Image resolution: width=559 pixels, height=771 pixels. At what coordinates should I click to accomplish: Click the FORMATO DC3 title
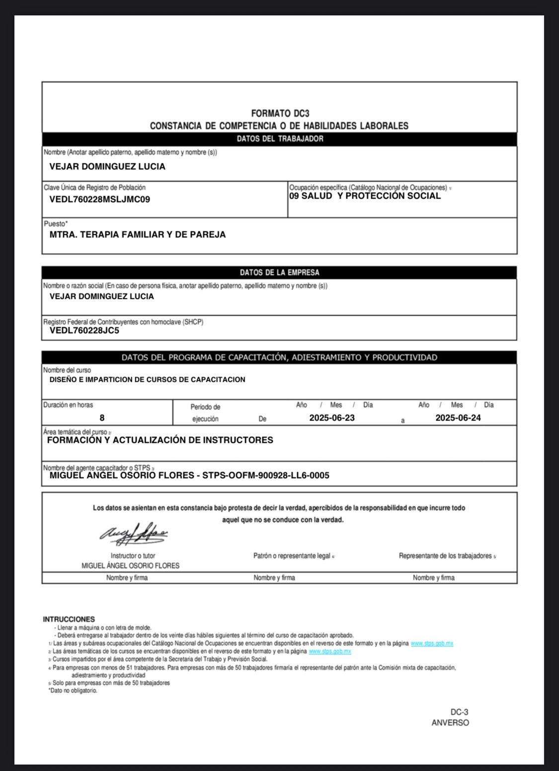click(280, 114)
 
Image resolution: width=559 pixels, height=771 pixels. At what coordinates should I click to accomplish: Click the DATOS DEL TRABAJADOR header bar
click(280, 139)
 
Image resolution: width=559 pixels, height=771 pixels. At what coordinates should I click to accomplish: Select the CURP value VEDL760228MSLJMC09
click(99, 200)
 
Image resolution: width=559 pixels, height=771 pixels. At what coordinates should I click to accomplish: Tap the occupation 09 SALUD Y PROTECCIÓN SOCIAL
click(365, 196)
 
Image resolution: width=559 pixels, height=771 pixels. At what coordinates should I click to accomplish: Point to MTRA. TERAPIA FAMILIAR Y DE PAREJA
click(138, 235)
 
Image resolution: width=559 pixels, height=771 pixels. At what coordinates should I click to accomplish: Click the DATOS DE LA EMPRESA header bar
click(279, 273)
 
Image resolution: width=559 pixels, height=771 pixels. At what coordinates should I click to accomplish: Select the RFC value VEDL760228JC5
click(84, 331)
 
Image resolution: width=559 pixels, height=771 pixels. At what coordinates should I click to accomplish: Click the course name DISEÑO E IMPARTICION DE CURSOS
click(148, 380)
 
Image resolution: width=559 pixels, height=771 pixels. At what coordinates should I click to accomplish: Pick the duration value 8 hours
click(102, 418)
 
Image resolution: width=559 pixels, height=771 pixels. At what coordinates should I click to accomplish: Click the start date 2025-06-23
click(332, 418)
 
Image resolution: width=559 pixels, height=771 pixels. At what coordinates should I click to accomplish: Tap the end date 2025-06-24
click(458, 418)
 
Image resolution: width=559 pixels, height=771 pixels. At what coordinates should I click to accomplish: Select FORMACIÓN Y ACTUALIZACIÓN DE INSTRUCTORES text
click(160, 440)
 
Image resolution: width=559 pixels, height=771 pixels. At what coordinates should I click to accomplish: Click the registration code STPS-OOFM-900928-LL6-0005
click(266, 476)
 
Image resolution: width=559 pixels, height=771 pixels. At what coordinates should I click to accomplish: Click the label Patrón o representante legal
click(292, 556)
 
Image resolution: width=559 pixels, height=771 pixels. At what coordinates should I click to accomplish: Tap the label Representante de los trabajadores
click(445, 556)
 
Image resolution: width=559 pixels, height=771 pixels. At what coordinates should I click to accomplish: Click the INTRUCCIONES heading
click(69, 620)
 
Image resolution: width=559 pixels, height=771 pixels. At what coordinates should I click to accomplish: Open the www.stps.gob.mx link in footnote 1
click(432, 643)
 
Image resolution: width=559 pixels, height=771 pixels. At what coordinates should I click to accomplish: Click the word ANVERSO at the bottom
click(450, 723)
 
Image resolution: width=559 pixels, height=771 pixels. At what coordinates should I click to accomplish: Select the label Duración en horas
click(68, 405)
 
